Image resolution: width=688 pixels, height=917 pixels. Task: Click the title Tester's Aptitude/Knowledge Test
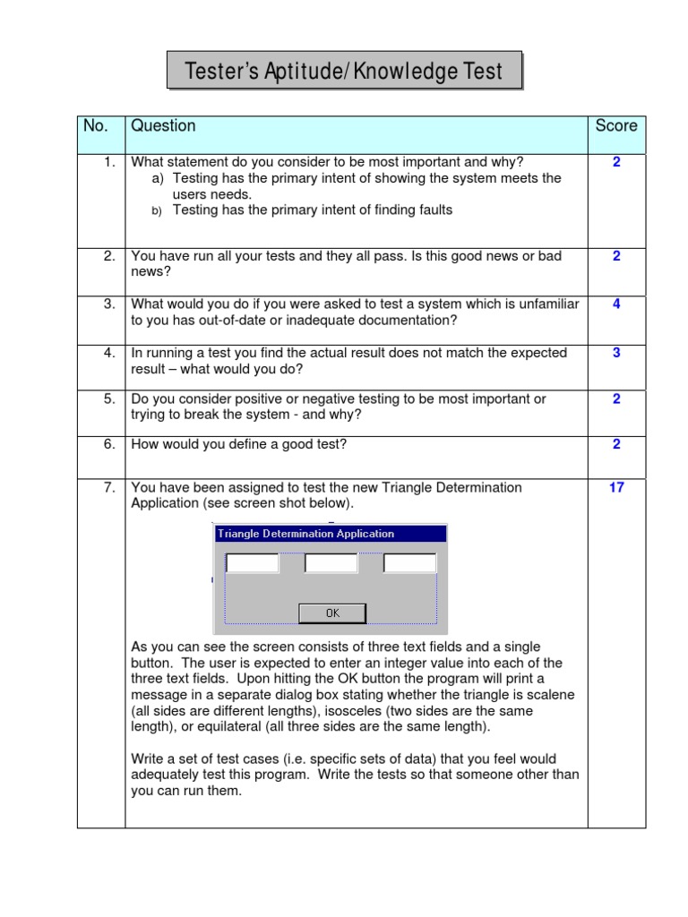tap(344, 71)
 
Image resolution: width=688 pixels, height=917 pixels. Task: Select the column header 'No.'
tap(96, 126)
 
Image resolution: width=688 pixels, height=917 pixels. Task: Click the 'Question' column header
tap(163, 126)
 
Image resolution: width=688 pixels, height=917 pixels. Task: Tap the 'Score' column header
tap(616, 126)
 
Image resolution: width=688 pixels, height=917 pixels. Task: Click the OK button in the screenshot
tap(332, 613)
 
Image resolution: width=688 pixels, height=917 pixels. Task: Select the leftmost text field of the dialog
tap(252, 563)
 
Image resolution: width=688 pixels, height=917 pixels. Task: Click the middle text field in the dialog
tap(331, 563)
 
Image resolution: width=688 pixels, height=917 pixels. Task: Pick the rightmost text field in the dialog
tap(409, 563)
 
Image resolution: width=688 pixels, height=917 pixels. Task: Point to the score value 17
tap(616, 488)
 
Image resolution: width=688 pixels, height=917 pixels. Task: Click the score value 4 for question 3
tap(616, 304)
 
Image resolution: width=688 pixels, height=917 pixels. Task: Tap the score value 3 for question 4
tap(616, 353)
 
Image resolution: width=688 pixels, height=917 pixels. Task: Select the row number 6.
tap(109, 444)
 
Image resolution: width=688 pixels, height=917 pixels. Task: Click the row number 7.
tap(109, 488)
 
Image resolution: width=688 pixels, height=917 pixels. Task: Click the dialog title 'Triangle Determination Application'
tap(305, 534)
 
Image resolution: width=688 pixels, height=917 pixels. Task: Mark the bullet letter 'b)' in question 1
tap(156, 210)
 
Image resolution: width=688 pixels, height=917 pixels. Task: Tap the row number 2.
tap(109, 256)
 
